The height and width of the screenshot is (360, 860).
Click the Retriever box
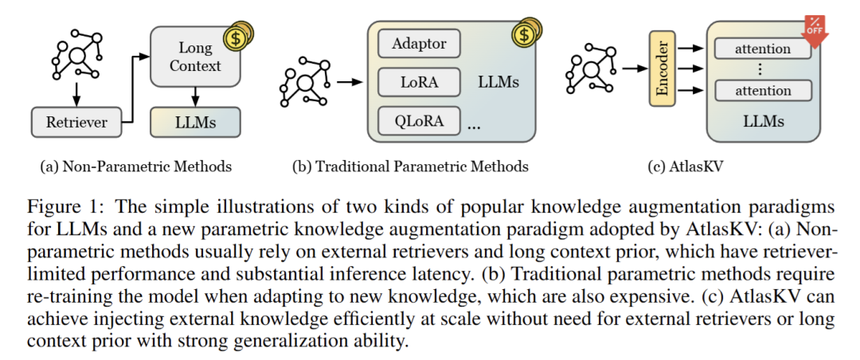tap(76, 123)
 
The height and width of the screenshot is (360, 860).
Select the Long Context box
tap(195, 57)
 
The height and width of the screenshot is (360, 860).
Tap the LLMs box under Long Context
tap(195, 123)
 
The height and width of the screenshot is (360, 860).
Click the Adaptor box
tap(420, 43)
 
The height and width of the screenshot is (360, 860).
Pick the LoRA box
tap(420, 81)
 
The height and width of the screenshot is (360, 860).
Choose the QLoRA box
tap(420, 121)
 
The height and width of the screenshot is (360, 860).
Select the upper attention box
tap(763, 49)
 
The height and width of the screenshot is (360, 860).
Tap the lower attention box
tap(763, 90)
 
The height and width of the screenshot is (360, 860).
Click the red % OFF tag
tap(813, 29)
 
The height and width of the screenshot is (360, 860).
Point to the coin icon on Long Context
tap(237, 36)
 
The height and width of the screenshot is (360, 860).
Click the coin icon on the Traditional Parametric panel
tap(526, 33)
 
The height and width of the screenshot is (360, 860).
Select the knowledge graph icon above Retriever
tap(76, 55)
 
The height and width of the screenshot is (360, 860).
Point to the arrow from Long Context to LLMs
tap(195, 97)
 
